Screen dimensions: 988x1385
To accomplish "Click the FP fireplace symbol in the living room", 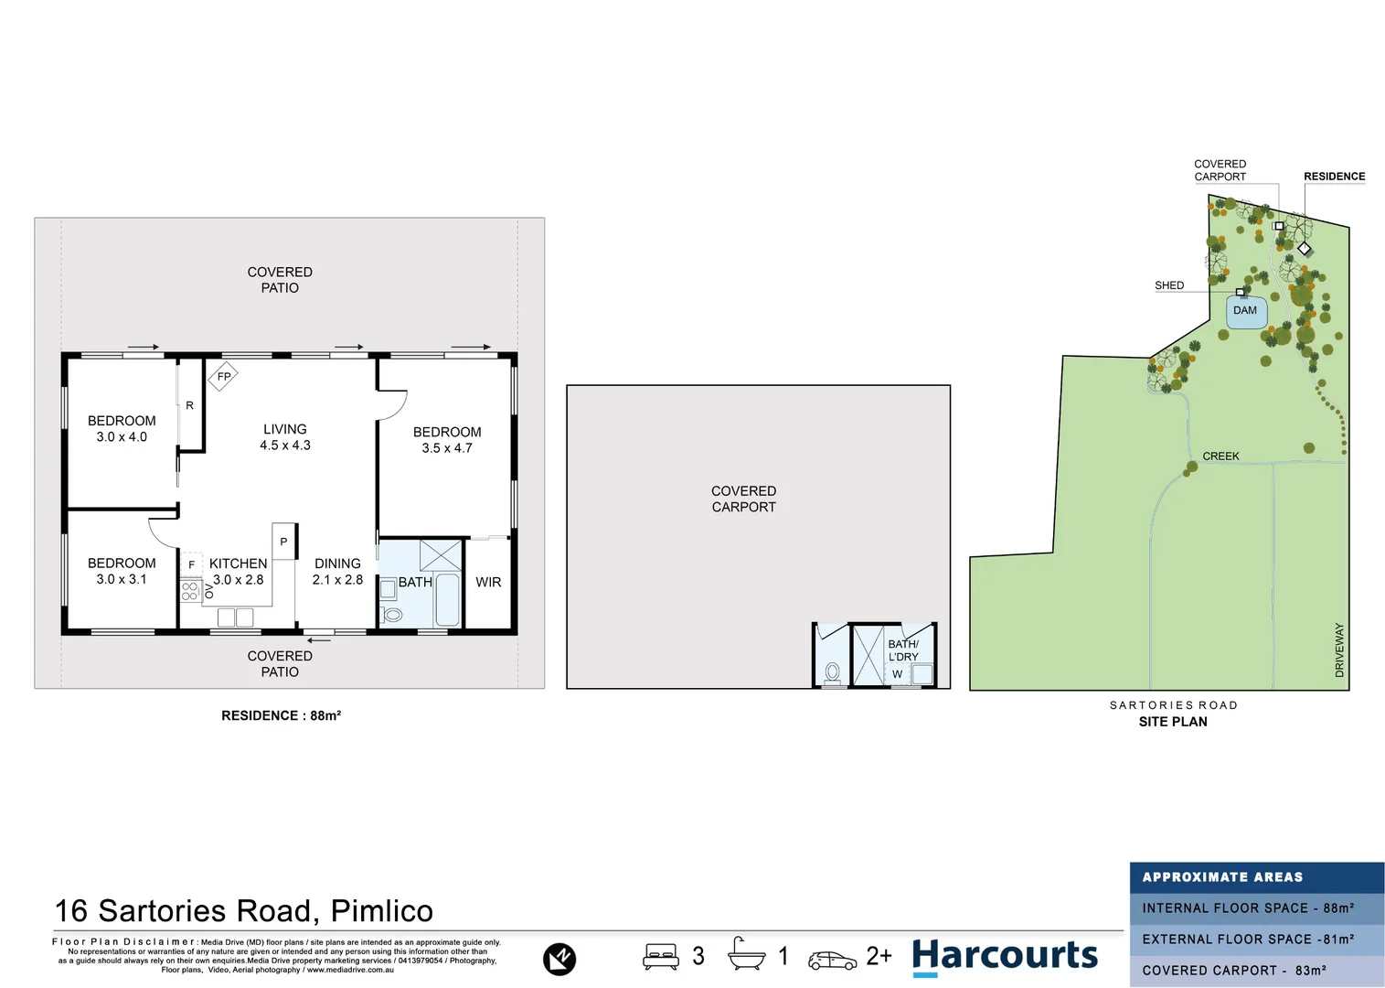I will coord(224,376).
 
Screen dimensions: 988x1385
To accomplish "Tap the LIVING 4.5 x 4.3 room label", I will coord(285,437).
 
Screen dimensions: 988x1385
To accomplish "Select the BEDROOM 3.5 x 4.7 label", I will coord(447,440).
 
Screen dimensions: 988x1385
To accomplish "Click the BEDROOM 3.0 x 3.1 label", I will coord(122,571).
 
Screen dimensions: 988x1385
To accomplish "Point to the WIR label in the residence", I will coord(488,582).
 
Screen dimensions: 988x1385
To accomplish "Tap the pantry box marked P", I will coord(283,542).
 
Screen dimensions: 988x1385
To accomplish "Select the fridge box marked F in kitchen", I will coord(191,564).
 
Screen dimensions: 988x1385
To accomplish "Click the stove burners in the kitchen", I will coord(190,591).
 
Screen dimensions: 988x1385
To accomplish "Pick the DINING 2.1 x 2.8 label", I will coord(337,572).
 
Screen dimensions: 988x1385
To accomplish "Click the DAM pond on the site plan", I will coord(1245,311).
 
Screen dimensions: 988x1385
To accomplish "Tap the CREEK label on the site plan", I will coord(1220,456).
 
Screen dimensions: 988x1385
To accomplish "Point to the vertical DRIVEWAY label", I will coord(1339,650).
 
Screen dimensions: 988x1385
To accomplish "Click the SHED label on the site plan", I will coord(1168,285).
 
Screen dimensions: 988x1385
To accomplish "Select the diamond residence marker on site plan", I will coord(1305,249).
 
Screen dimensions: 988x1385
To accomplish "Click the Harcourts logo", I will coord(1005,956).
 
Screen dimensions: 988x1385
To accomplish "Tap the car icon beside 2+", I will coord(832,960).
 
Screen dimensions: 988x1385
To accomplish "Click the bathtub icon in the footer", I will coord(746,955).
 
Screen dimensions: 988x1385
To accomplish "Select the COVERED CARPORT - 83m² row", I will coord(1256,971).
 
